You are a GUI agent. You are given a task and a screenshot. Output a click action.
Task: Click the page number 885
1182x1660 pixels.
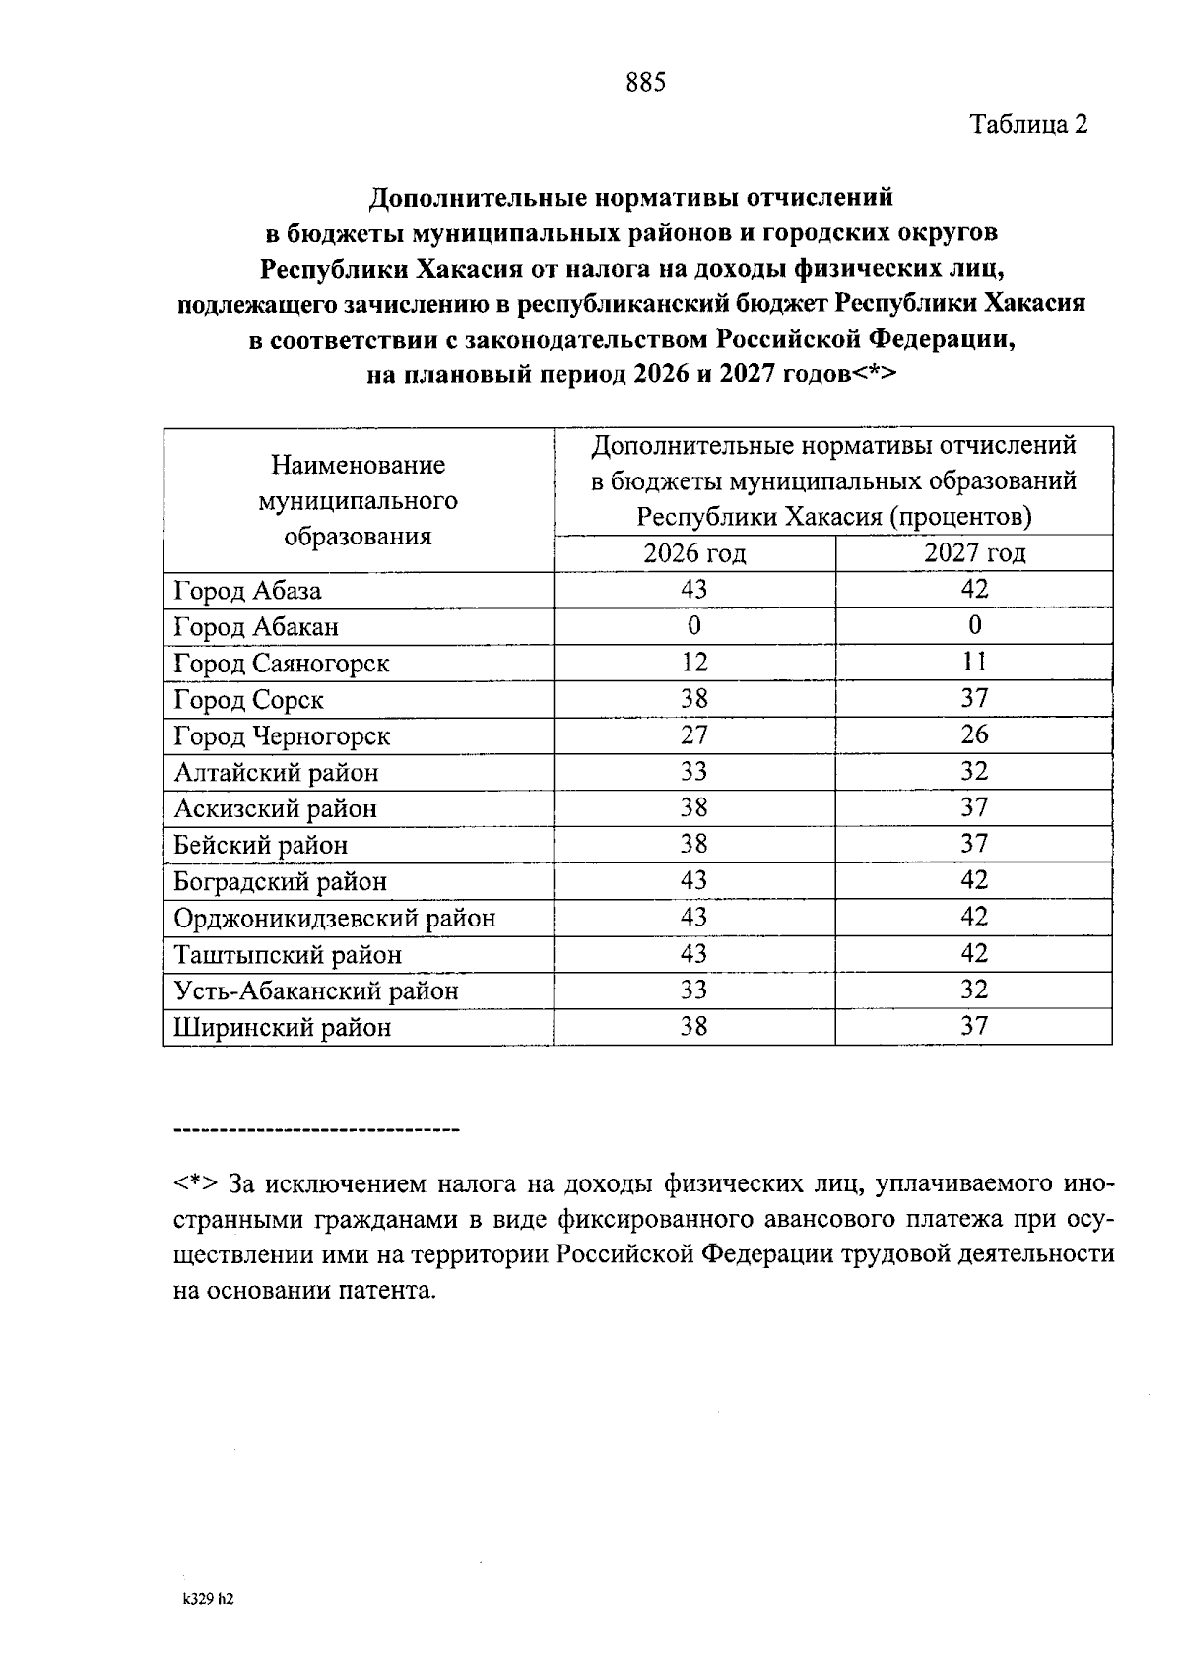646,83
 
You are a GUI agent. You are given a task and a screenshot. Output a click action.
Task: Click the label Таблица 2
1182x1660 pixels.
1029,125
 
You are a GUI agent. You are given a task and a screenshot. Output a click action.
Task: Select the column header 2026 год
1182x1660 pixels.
694,553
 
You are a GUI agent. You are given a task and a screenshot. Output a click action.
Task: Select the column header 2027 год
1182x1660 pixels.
974,553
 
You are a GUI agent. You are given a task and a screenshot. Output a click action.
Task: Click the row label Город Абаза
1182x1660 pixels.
247,591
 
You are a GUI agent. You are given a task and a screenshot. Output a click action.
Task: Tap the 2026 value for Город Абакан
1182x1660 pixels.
694,626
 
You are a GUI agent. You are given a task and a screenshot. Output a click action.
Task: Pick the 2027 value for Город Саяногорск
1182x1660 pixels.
974,662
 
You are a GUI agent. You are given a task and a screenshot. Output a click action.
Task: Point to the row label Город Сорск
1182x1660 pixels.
248,700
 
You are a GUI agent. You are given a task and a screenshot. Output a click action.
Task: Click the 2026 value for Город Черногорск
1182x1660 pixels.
694,735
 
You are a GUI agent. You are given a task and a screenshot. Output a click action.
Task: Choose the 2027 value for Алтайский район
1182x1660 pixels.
974,772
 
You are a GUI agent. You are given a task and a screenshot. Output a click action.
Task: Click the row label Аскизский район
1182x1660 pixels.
275,809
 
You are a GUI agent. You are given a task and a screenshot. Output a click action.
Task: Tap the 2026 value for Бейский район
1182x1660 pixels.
694,845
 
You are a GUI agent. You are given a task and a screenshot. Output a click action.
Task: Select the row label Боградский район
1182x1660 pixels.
280,881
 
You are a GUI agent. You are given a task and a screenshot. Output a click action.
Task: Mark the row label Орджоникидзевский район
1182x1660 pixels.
334,919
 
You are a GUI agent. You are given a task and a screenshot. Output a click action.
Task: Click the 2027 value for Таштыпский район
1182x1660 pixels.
974,953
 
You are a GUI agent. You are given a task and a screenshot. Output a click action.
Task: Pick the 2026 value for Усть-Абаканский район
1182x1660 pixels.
694,990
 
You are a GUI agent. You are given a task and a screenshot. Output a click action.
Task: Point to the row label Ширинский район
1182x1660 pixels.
282,1028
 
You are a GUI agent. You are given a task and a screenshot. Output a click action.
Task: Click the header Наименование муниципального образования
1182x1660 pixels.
358,500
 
